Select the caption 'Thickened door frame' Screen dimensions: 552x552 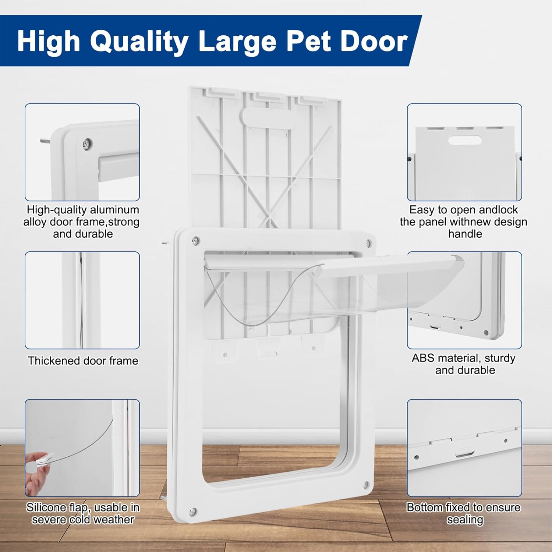83,361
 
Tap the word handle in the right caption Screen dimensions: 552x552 465,234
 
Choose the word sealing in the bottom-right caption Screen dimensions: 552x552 465,520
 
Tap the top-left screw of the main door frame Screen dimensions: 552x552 195,241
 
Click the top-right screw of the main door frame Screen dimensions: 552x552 369,243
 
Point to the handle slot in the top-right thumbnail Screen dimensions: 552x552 465,140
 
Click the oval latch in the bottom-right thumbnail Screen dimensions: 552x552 464,452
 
